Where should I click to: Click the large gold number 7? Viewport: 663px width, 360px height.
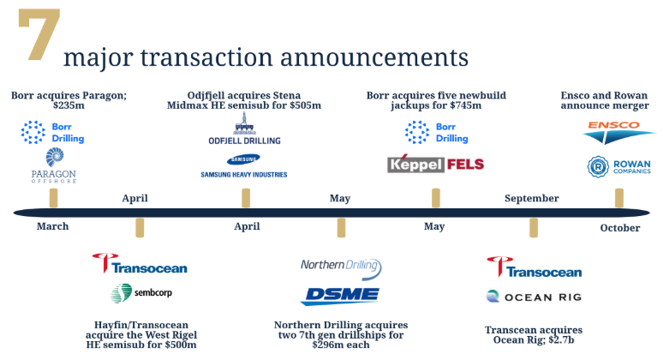[39, 34]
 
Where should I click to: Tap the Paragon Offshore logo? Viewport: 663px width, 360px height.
[54, 165]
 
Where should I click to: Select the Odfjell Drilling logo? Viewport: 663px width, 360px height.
[244, 129]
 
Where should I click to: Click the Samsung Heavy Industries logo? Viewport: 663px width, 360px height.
[244, 165]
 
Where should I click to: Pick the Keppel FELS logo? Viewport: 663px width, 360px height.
[435, 164]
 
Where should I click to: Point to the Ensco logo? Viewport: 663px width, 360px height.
[618, 132]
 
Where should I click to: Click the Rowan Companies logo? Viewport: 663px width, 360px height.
[619, 166]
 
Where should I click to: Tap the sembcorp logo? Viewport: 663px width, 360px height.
[141, 293]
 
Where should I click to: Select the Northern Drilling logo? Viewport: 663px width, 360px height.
[341, 268]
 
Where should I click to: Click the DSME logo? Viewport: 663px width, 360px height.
[340, 296]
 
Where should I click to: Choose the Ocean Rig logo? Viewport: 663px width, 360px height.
[534, 297]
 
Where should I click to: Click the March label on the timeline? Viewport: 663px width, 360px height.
[52, 226]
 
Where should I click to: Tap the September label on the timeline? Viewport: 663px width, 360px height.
[531, 198]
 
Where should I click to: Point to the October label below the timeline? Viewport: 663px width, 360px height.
[620, 228]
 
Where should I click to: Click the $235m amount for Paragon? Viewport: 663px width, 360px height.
[69, 105]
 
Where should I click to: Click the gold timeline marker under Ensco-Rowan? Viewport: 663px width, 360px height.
[619, 198]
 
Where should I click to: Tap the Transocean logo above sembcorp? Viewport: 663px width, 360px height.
[140, 263]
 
